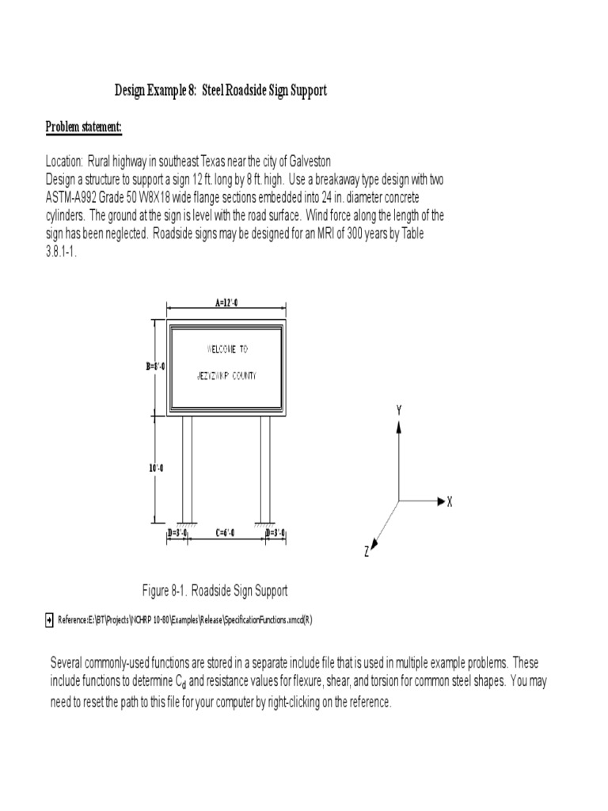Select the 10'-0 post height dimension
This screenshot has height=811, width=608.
(x=155, y=468)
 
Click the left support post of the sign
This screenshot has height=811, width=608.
(x=188, y=467)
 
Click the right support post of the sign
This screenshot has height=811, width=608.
(x=265, y=467)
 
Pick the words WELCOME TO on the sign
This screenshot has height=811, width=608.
(x=227, y=348)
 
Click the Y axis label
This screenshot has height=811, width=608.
(x=400, y=409)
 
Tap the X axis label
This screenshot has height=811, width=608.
(x=450, y=502)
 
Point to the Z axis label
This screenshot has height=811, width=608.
(x=367, y=552)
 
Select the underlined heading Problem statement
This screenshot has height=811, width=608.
(x=83, y=127)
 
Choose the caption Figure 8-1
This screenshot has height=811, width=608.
(x=215, y=590)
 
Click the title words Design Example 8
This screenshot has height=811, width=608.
(x=156, y=91)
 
